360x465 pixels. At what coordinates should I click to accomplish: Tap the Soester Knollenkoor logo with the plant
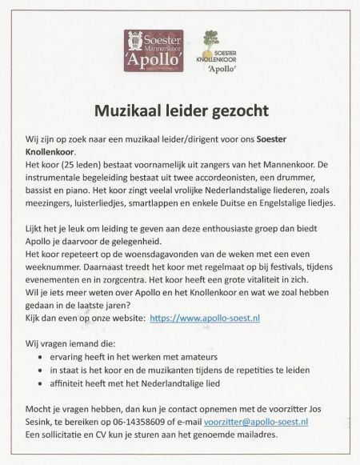point(210,51)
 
